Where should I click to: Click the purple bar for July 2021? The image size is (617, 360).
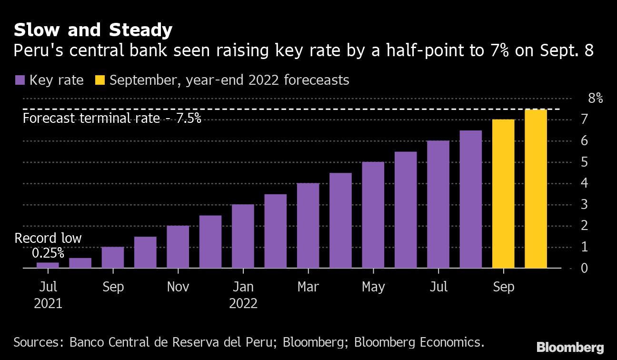48,265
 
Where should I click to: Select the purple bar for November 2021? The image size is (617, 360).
178,247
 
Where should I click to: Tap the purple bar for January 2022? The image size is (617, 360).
243,236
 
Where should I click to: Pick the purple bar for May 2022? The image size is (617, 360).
373,215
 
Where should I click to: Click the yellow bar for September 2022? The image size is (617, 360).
503,194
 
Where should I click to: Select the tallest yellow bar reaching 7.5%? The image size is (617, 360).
536,189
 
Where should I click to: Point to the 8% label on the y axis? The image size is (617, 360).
596,99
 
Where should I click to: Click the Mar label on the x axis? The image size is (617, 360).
308,287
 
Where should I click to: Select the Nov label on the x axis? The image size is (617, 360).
178,287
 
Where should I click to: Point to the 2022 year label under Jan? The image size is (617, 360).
243,303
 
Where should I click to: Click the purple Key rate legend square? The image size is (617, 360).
20,80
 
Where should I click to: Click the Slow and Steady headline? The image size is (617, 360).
93,30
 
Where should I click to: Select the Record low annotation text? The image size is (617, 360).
48,238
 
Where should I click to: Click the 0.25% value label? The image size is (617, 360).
48,253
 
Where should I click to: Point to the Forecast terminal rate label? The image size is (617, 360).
112,118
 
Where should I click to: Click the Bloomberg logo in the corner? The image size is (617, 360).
570,347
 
